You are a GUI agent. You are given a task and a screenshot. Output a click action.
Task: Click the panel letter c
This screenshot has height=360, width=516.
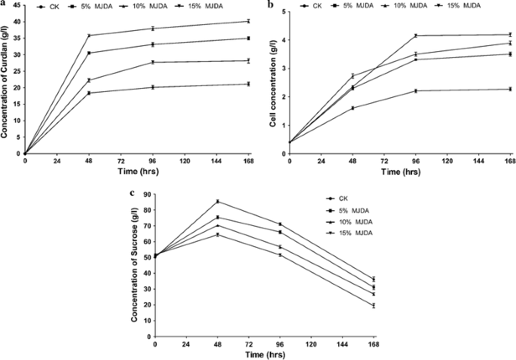pyautogui.click(x=133, y=192)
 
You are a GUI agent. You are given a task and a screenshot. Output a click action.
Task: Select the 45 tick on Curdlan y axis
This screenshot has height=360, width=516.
pyautogui.click(x=17, y=6)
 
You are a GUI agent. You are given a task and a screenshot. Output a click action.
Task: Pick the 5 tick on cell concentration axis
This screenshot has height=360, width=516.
pyautogui.click(x=282, y=12)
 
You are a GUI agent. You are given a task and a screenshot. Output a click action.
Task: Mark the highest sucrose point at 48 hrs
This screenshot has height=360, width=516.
pyautogui.click(x=218, y=201)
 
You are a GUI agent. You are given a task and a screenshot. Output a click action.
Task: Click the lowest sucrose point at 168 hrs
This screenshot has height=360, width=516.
pyautogui.click(x=373, y=305)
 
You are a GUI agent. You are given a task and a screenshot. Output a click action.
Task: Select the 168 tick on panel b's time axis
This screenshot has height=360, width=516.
pyautogui.click(x=509, y=161)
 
